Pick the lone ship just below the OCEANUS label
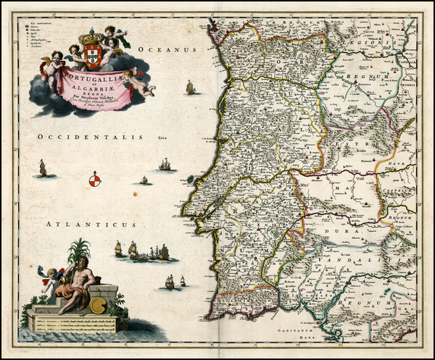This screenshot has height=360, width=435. [191, 88]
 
